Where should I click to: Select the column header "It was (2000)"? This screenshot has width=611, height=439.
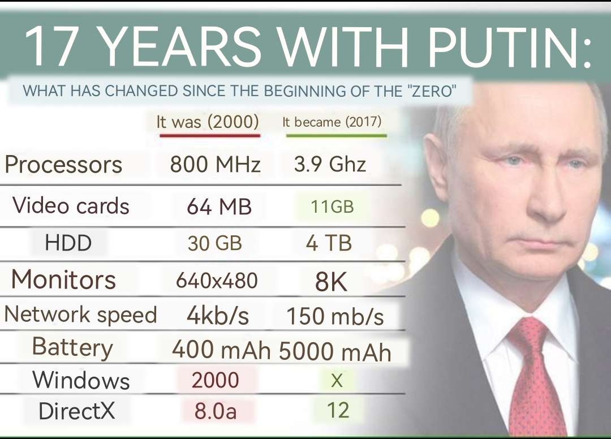tap(208, 122)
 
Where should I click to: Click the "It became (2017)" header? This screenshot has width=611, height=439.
tap(332, 122)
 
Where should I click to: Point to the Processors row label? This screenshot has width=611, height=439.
tap(63, 165)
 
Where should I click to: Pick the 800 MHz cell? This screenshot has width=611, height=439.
tap(216, 165)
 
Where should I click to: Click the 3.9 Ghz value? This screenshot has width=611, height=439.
tap(330, 165)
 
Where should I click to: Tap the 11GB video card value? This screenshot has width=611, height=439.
tap(332, 207)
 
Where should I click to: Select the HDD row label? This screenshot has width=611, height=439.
tap(68, 243)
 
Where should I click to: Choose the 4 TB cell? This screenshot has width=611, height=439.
tap(329, 243)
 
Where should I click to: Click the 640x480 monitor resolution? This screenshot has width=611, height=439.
tap(217, 280)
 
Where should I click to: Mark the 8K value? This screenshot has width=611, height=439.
tap(332, 282)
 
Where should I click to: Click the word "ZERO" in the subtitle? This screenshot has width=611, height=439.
tap(432, 91)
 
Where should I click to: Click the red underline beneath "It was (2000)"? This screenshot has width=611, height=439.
tap(210, 136)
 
